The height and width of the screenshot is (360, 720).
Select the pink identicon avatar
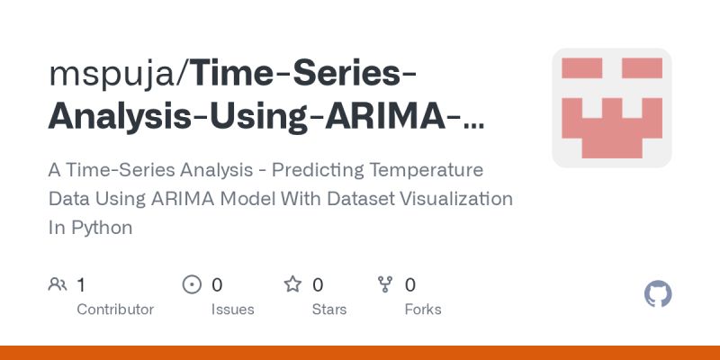pyautogui.click(x=612, y=108)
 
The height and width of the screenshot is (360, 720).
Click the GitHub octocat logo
pyautogui.click(x=659, y=294)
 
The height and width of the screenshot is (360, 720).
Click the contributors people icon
pyautogui.click(x=58, y=285)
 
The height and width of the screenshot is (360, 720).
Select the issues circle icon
pyautogui.click(x=192, y=285)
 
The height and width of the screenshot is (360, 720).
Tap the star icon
pyautogui.click(x=292, y=285)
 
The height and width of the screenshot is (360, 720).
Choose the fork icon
pyautogui.click(x=386, y=285)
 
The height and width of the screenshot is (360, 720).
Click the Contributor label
pyautogui.click(x=115, y=310)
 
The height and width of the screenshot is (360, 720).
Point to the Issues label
pyautogui.click(x=233, y=310)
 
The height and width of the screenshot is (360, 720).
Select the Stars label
pyautogui.click(x=329, y=310)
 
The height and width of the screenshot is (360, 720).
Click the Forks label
pyautogui.click(x=423, y=310)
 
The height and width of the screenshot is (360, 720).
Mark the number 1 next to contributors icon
pyautogui.click(x=81, y=285)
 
